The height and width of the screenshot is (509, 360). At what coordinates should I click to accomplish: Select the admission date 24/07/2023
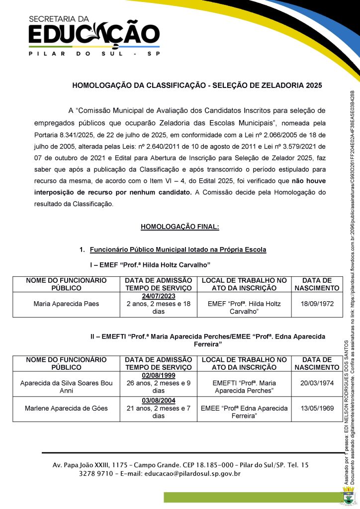coord(158,296)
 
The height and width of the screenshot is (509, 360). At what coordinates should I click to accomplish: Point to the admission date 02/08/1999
coord(158,375)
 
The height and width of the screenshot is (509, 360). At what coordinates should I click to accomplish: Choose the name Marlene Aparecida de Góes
coord(66,409)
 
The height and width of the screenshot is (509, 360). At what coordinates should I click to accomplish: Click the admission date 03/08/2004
coord(158,401)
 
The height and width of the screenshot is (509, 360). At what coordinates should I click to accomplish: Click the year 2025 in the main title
coord(312,85)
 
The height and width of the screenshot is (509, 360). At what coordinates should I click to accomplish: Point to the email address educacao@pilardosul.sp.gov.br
coord(192,474)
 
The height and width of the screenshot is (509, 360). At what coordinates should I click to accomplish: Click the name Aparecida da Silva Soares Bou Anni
coord(66,387)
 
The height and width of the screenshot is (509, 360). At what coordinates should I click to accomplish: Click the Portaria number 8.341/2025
coord(80,135)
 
